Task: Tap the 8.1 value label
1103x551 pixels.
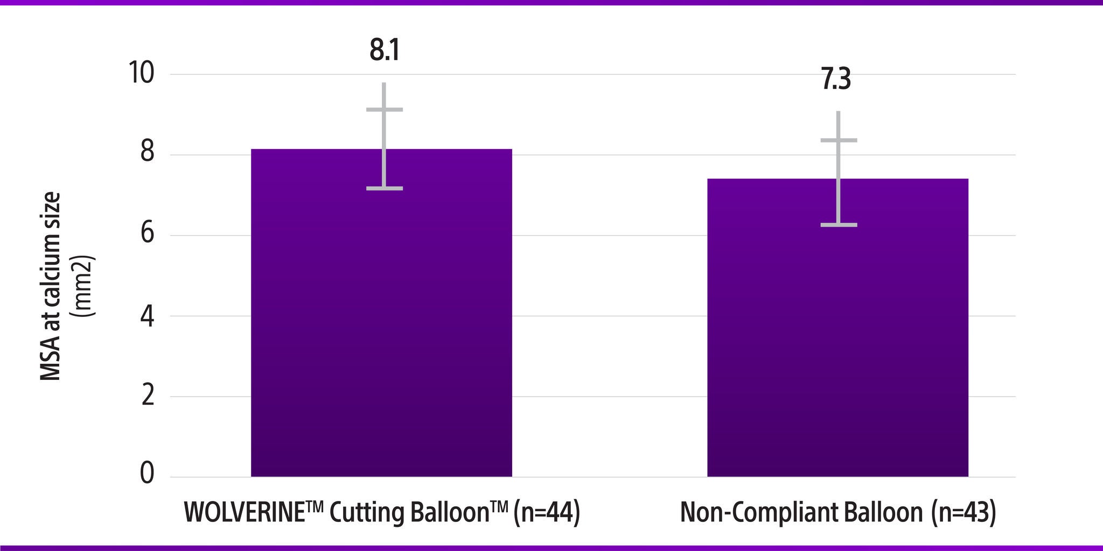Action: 385,51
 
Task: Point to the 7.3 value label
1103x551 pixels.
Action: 836,80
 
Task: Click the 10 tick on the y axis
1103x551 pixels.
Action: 139,74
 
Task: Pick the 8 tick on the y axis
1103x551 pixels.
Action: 147,154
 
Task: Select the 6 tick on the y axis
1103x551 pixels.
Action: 147,235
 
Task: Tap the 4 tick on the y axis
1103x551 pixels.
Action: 147,316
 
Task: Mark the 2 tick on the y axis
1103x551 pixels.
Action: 147,397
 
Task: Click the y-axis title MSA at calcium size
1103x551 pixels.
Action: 51,286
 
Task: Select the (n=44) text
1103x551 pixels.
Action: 546,513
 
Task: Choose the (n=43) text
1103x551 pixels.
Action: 964,513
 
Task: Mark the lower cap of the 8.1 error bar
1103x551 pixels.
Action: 385,188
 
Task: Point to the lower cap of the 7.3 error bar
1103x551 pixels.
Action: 839,225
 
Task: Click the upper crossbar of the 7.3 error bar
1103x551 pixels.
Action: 839,140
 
